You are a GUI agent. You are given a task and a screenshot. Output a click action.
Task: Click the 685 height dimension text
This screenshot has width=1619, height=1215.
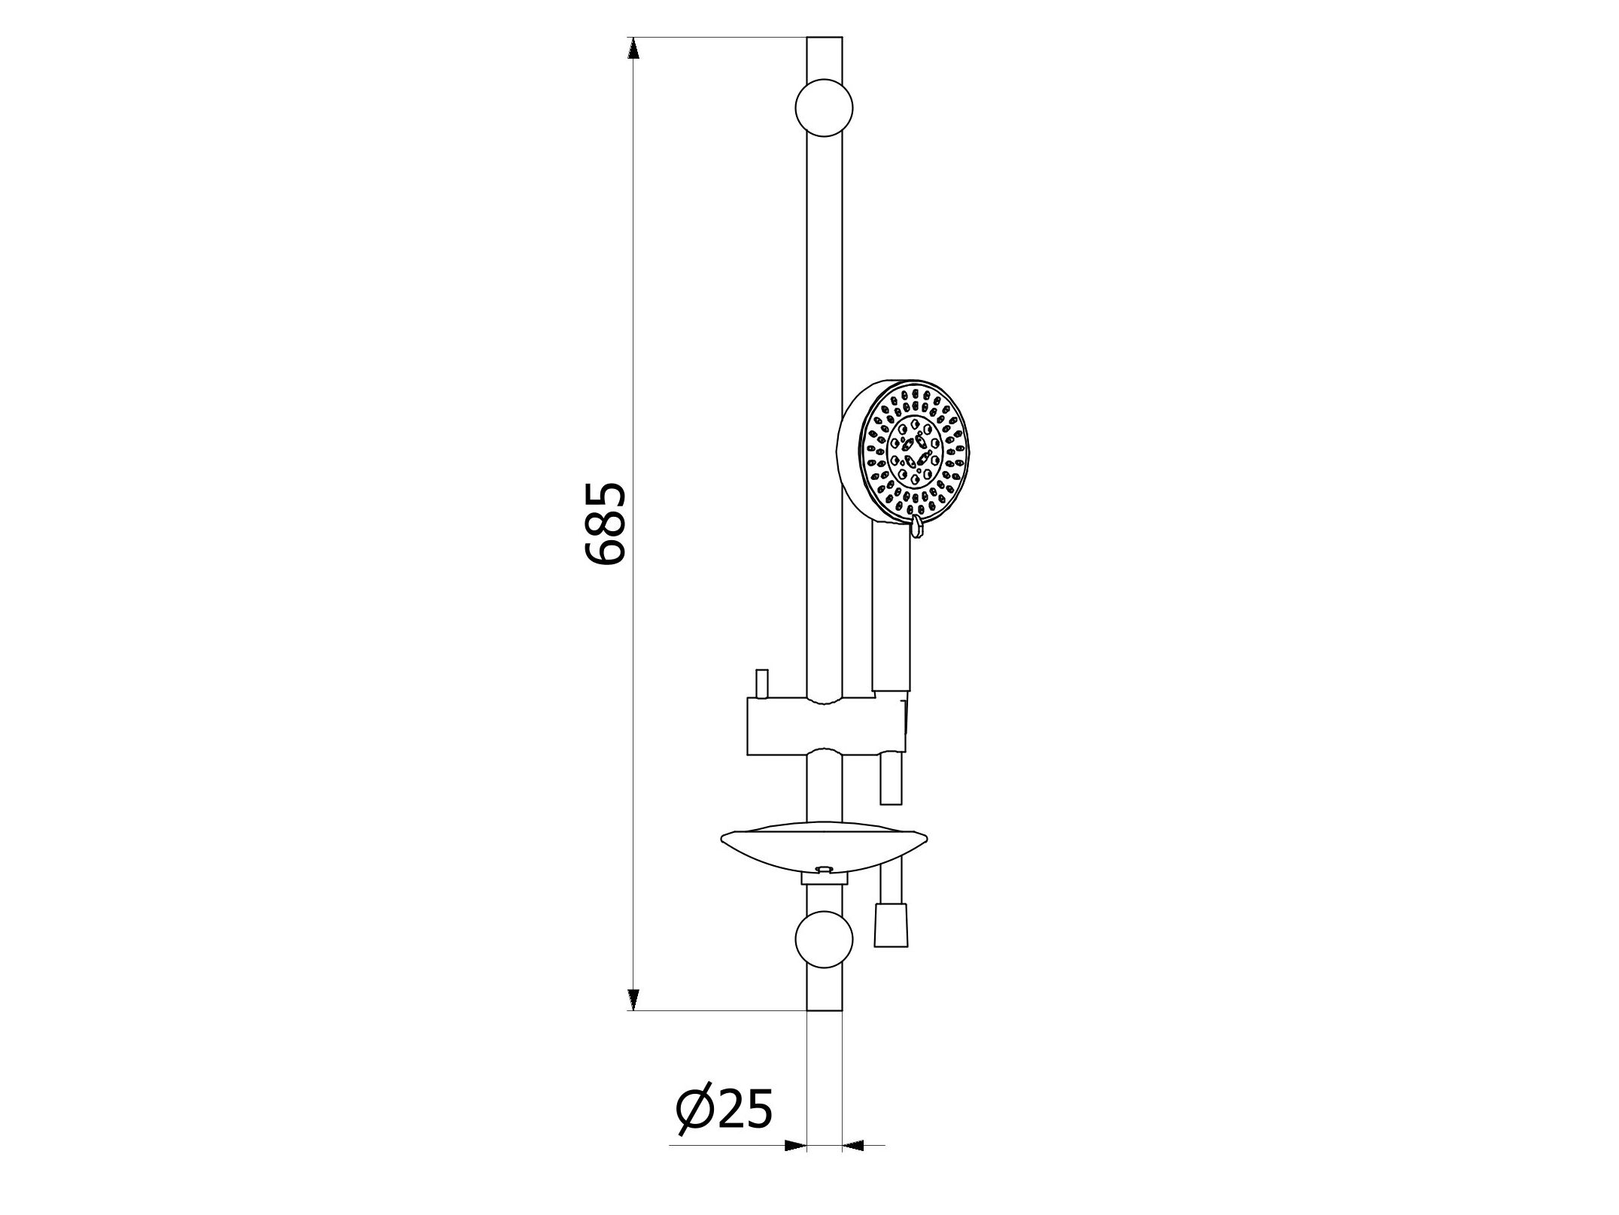point(605,524)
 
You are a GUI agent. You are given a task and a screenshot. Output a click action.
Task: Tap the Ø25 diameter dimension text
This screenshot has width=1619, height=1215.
point(724,1110)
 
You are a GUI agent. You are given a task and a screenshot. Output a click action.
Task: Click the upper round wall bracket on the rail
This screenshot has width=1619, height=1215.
point(824,108)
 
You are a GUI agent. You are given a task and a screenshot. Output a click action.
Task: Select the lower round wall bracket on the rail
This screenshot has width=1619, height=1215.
point(824,940)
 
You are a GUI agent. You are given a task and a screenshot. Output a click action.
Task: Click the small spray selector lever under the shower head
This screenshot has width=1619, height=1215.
point(916,527)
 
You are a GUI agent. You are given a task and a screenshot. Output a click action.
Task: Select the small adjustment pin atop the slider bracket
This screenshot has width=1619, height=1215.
point(761,683)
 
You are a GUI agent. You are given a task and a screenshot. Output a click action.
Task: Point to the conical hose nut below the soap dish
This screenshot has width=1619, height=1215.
point(892,926)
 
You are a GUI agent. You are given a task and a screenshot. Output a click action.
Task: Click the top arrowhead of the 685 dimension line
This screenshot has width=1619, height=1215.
point(633,48)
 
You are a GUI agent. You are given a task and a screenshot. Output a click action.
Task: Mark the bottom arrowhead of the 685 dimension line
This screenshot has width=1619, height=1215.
point(633,999)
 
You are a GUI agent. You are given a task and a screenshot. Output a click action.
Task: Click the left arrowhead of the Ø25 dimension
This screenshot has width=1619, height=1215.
point(795,1147)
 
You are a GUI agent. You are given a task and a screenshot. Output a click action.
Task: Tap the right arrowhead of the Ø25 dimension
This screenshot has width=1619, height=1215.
point(852,1147)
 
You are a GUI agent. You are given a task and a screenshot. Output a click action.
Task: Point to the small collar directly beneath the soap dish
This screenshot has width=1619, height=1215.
point(825,878)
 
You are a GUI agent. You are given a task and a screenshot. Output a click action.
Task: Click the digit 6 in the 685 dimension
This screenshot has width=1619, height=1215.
point(605,551)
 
